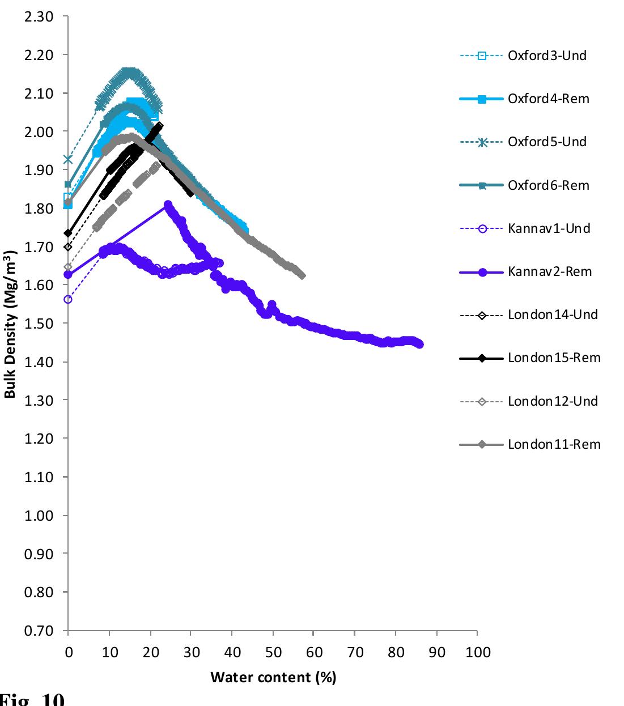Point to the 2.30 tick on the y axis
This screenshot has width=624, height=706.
40,16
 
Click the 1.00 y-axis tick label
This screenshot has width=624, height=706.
40,516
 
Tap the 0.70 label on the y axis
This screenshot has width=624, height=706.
40,631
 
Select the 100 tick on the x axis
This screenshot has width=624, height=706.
478,652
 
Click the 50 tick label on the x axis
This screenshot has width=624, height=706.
273,652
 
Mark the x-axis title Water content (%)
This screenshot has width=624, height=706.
273,677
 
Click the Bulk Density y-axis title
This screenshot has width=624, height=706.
10,324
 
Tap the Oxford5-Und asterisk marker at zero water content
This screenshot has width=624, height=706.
68,159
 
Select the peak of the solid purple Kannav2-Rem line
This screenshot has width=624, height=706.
168,205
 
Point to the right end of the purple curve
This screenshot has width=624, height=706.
419,344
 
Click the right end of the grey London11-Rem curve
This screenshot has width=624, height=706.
302,275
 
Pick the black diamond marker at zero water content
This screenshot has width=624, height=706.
68,233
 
